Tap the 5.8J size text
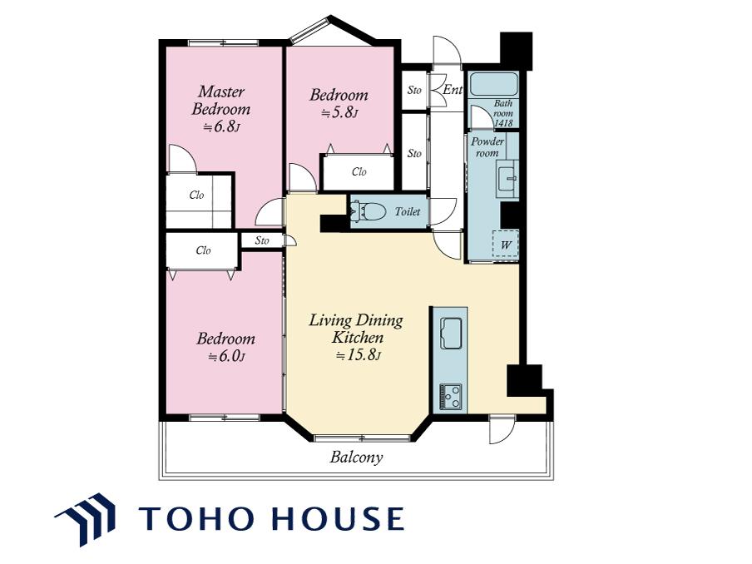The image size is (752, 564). pos(339,113)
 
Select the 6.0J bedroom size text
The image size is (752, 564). pos(227,357)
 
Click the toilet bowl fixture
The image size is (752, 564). pos(369,211)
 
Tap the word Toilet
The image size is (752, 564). pos(407,211)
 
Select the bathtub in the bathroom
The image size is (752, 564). pos(493,84)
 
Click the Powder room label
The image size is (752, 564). pos(487,147)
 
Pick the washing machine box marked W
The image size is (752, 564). pos(506,244)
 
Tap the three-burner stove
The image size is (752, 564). pos(451,397)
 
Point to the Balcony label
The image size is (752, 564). pos(356,457)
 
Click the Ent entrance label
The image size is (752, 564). pos(453,89)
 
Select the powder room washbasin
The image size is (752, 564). pos(507,178)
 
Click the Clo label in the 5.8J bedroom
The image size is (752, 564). pos(359,171)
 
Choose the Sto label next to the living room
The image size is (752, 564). pos(262,240)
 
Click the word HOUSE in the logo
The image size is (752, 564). pos(338,518)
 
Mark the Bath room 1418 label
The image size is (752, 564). pos(503,113)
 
